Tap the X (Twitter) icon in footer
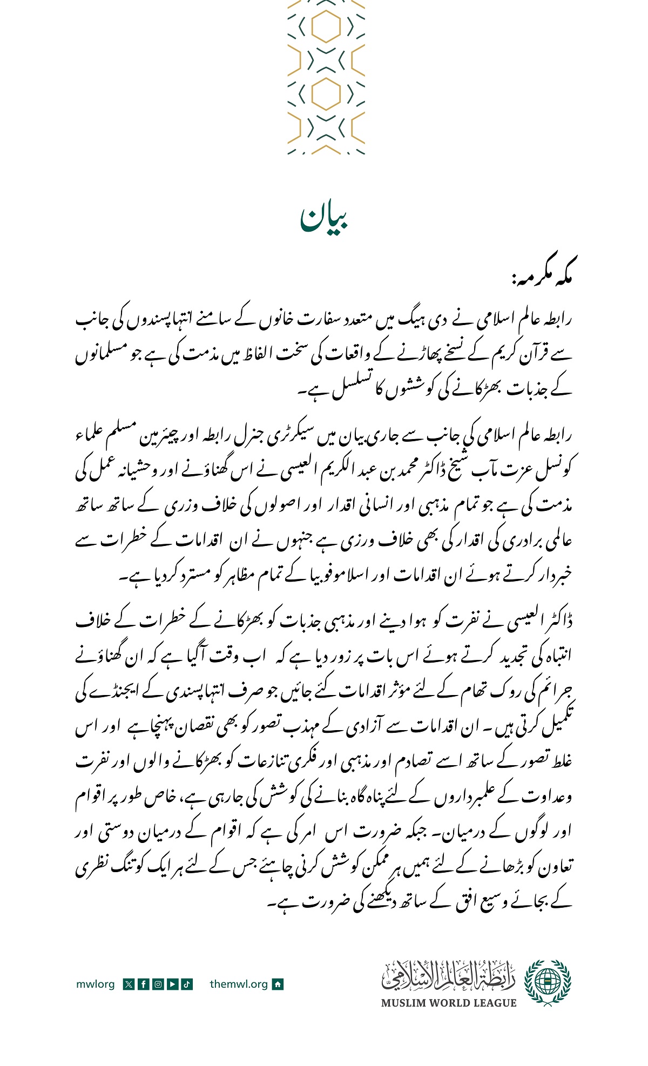click(x=129, y=984)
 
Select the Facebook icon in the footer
click(x=143, y=984)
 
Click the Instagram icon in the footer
click(x=158, y=984)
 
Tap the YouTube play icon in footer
click(x=172, y=984)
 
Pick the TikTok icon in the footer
click(x=187, y=984)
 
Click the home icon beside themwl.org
click(x=278, y=984)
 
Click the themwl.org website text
click(x=239, y=984)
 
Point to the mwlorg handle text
click(x=95, y=984)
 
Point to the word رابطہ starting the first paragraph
click(x=556, y=320)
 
